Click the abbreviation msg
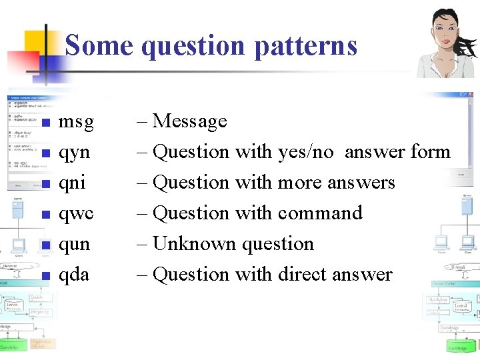click(77, 123)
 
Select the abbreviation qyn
click(75, 153)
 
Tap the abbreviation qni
click(72, 183)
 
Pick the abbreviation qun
click(75, 245)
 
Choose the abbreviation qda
click(74, 275)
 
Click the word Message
click(190, 121)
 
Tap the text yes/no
click(306, 152)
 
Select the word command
click(323, 213)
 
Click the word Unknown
click(195, 244)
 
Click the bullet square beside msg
click(45, 123)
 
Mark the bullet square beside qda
click(45, 276)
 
